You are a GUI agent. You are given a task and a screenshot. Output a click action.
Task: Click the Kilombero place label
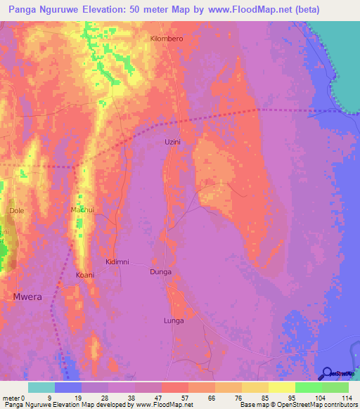click(167, 39)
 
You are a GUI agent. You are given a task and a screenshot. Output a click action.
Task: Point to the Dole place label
click(16, 210)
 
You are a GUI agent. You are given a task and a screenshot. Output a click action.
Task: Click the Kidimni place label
click(117, 261)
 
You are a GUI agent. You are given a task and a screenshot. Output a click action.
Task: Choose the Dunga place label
click(160, 271)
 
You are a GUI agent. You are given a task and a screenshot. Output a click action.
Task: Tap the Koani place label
click(85, 275)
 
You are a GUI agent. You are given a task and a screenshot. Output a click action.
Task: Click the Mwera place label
click(27, 297)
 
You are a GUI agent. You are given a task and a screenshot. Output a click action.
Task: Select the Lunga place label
click(174, 320)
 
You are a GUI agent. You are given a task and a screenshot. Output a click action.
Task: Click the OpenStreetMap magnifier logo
click(327, 373)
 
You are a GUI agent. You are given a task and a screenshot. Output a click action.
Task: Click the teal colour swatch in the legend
click(41, 387)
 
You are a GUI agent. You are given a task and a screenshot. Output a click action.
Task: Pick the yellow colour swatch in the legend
click(281, 387)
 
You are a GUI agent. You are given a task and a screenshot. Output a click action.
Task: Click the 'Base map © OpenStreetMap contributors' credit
click(298, 405)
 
